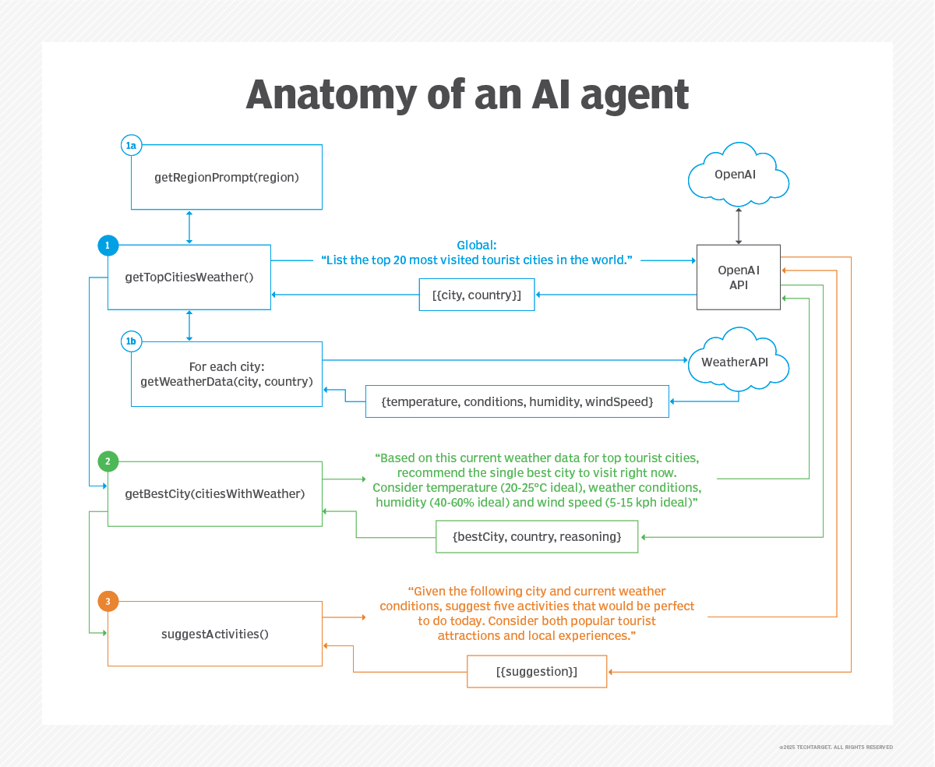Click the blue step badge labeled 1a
pyautogui.click(x=131, y=145)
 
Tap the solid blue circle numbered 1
pyautogui.click(x=108, y=246)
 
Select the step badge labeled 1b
pyautogui.click(x=131, y=341)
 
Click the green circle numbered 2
pyautogui.click(x=108, y=461)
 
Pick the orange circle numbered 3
pyautogui.click(x=108, y=601)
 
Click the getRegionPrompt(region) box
pyautogui.click(x=227, y=177)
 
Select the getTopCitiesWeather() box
pyautogui.click(x=189, y=277)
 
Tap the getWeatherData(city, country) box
pyautogui.click(x=227, y=374)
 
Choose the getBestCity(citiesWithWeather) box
pyautogui.click(x=215, y=493)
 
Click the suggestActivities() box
pyautogui.click(x=215, y=634)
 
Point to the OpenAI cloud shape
pyautogui.click(x=738, y=175)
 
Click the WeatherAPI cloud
pyautogui.click(x=737, y=362)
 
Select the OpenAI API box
pyautogui.click(x=738, y=277)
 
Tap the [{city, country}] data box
pyautogui.click(x=477, y=295)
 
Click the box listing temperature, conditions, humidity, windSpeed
pyautogui.click(x=517, y=401)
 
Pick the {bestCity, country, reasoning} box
pyautogui.click(x=537, y=537)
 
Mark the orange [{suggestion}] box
pyautogui.click(x=537, y=671)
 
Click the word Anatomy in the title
pyautogui.click(x=330, y=94)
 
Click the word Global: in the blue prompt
pyautogui.click(x=476, y=244)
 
